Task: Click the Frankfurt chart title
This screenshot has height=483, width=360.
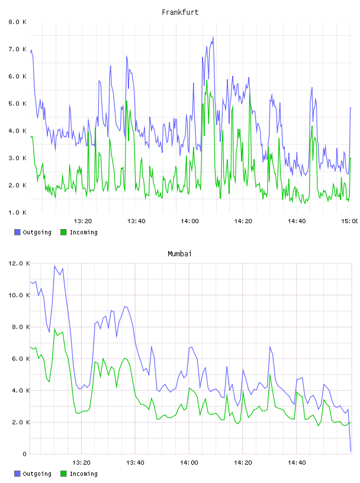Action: tap(180, 12)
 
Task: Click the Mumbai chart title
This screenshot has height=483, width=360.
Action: tap(179, 254)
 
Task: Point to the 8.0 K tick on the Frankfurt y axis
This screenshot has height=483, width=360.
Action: tap(17, 22)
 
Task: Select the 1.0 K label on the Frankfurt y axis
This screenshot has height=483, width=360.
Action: tap(17, 212)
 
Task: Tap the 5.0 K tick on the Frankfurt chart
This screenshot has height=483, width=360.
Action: tap(17, 104)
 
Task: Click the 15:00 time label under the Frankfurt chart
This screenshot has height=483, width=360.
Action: tap(350, 221)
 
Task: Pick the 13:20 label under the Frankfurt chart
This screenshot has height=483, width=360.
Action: tap(83, 221)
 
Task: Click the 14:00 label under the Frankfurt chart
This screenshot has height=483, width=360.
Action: tap(189, 221)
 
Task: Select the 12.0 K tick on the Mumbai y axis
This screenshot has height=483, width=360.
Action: tap(19, 263)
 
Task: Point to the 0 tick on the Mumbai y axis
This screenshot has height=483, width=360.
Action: tap(25, 454)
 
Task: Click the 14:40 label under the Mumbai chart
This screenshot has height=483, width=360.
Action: tap(297, 463)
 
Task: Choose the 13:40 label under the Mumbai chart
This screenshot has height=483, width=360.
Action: tap(135, 463)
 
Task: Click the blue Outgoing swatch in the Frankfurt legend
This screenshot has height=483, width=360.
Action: tap(17, 232)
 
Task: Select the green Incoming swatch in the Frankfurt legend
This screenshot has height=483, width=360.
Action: tap(63, 232)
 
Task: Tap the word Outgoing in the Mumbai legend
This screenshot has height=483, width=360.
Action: tap(37, 474)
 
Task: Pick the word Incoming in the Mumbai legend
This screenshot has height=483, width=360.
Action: tap(83, 474)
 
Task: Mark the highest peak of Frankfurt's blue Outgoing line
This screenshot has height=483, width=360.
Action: tap(213, 37)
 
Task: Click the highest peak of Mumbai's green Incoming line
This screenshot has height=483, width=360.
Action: tap(55, 329)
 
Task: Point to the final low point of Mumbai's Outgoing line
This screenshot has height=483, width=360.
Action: tap(351, 451)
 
